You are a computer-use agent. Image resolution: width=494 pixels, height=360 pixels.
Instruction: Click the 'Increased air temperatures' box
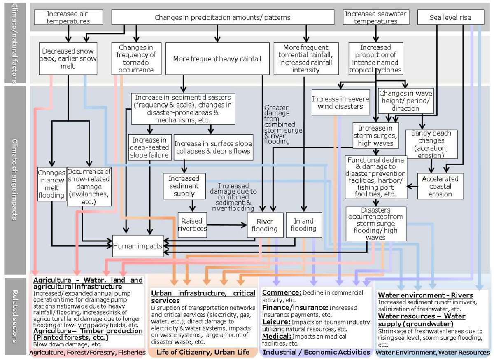point(68,17)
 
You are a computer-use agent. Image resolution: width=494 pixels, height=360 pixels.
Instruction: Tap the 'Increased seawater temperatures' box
point(375,17)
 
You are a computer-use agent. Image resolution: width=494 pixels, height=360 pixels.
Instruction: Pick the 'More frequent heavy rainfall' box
point(217,59)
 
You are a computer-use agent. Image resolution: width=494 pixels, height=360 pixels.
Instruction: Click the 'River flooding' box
point(260,225)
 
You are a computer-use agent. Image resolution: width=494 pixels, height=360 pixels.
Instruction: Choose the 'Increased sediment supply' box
point(184,186)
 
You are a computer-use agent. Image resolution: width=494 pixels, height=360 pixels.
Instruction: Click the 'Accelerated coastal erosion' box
point(440,186)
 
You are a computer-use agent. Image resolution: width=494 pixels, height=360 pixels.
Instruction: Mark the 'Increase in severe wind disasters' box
point(338,103)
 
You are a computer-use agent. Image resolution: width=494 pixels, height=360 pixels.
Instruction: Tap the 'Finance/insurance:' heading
point(295,308)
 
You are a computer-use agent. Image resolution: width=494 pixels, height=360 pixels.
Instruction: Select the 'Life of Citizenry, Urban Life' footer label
point(203,353)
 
